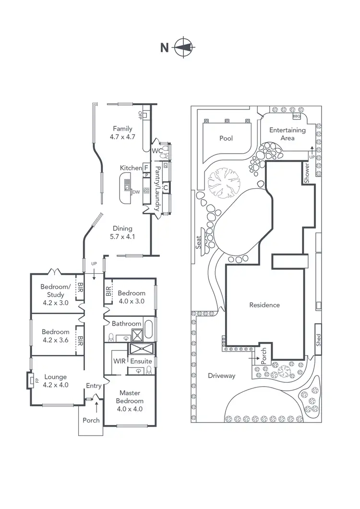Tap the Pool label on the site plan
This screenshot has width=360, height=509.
pos(226,138)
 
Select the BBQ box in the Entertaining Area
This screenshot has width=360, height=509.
pos(296,116)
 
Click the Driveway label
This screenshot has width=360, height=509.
pos(222,376)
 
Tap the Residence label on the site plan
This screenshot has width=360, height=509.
pos(264,305)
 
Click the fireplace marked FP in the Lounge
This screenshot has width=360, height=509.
pos(31,381)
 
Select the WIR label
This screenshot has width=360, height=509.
pos(120,361)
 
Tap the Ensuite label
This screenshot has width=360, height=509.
pos(141,361)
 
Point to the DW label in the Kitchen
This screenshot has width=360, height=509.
pos(136,192)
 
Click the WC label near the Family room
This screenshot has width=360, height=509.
pos(157,151)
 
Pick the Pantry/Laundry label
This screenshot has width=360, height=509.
pos(157,189)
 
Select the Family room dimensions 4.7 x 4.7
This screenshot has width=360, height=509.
pos(122,136)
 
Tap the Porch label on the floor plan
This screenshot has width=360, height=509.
pos(91,420)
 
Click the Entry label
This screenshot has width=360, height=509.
pos(94,386)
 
